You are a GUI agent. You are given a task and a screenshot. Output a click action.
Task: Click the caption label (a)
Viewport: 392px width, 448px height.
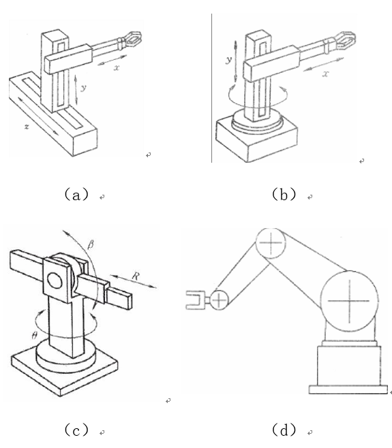point(76,195)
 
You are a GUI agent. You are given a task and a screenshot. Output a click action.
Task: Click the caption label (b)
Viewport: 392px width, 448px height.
point(284,195)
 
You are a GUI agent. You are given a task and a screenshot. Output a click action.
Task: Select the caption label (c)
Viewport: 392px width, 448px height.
point(76,430)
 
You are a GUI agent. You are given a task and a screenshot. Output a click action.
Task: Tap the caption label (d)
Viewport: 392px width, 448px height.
point(284,430)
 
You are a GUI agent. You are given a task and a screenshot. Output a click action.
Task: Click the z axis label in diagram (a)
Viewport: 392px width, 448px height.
point(27,127)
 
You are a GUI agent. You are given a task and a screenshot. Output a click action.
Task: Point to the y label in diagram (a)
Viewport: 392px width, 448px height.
point(83,88)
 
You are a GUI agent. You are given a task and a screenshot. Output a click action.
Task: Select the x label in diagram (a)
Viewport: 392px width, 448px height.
point(116,68)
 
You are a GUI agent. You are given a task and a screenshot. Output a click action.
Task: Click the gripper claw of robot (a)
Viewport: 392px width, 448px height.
point(133,39)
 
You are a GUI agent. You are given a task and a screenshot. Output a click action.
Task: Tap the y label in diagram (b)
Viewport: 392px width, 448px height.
point(228,60)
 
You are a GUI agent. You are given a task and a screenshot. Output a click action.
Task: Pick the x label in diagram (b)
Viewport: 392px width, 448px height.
point(326,74)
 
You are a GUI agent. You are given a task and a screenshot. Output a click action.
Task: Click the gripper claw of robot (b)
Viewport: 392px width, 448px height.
point(346,39)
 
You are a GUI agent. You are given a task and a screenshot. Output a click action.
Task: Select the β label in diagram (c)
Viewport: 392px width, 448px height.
point(91,245)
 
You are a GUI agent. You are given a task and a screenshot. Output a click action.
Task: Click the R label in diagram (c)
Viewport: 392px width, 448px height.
point(136,276)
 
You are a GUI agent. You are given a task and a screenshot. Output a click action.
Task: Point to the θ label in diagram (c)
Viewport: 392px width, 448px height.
point(34,335)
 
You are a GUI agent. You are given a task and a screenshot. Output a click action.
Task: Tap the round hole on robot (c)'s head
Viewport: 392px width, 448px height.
point(55,281)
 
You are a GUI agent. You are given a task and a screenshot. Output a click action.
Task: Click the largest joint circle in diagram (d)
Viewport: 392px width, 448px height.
point(349,301)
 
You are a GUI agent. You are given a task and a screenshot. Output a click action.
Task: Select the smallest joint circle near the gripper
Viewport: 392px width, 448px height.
point(219,300)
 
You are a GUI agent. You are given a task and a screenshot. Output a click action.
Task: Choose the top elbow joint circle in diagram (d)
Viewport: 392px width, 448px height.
point(271,243)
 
